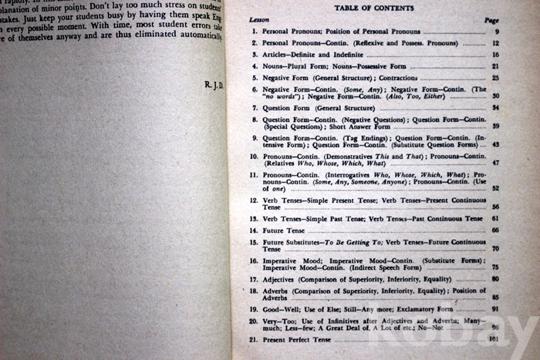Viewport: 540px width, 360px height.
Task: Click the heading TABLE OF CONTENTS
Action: [x=373, y=8]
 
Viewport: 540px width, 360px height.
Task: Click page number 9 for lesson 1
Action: [x=497, y=32]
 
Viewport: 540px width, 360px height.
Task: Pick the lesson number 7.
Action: [x=254, y=108]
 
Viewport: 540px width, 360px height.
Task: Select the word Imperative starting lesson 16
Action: [x=281, y=261]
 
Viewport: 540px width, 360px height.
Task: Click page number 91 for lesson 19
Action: [x=494, y=310]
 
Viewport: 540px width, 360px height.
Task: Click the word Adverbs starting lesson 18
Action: [x=276, y=291]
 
